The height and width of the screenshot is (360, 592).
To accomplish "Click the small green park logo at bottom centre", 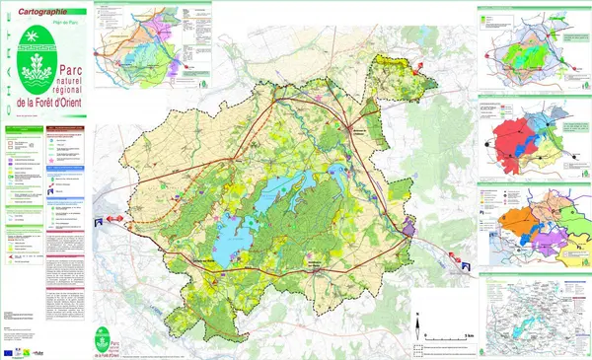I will pos(102,339).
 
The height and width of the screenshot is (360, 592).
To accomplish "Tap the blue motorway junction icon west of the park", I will pos(100,224).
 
